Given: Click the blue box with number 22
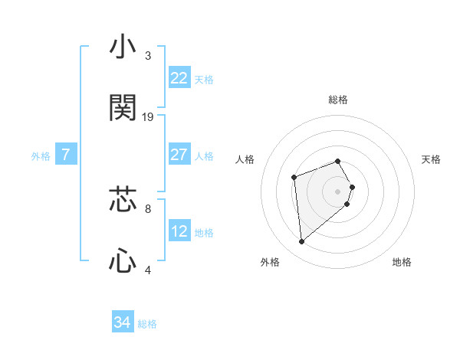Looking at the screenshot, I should click(x=179, y=78).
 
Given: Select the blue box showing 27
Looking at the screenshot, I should click(x=179, y=155).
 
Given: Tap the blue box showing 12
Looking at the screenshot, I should click(x=179, y=231).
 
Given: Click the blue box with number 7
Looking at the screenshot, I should click(x=66, y=155).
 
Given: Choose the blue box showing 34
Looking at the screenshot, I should click(x=123, y=323).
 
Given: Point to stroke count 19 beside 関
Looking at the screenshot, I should click(x=148, y=117).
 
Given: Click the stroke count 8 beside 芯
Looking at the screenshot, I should click(x=148, y=208).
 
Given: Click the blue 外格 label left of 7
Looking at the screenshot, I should click(x=41, y=156).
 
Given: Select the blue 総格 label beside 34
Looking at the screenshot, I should click(x=147, y=325).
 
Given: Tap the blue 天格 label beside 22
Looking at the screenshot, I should click(x=204, y=80).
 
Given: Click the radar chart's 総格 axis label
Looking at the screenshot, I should click(x=338, y=100).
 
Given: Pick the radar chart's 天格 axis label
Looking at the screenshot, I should click(x=431, y=159).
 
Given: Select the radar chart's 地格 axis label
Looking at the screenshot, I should click(x=402, y=262).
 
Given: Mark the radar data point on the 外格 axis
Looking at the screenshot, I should click(x=302, y=242).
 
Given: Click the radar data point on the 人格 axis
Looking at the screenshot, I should click(x=294, y=178).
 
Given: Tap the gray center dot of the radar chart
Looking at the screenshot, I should click(x=338, y=191).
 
